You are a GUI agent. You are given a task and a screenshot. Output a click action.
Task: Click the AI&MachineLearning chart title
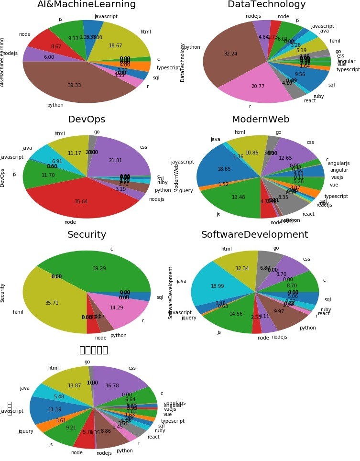click(87, 5)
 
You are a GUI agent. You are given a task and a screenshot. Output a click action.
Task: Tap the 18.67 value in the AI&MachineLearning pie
click(115, 45)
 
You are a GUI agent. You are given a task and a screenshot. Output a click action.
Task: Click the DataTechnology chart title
click(266, 5)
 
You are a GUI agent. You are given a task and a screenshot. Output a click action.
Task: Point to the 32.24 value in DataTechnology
click(230, 54)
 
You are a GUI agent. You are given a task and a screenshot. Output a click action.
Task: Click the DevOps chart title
click(87, 120)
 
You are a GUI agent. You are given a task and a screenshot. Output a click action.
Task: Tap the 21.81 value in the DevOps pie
click(115, 147)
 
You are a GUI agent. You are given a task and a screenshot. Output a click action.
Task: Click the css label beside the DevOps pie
click(143, 147)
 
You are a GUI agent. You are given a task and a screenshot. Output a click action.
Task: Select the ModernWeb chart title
click(261, 120)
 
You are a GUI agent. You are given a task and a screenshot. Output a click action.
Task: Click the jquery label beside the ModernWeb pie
click(185, 190)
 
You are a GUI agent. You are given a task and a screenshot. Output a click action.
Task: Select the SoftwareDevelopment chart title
click(254, 235)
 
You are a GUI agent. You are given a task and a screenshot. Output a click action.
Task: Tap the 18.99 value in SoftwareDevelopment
click(218, 286)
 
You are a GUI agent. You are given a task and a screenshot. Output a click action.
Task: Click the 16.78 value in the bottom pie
click(112, 386)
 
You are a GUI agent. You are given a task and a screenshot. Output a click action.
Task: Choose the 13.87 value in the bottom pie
click(74, 386)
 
